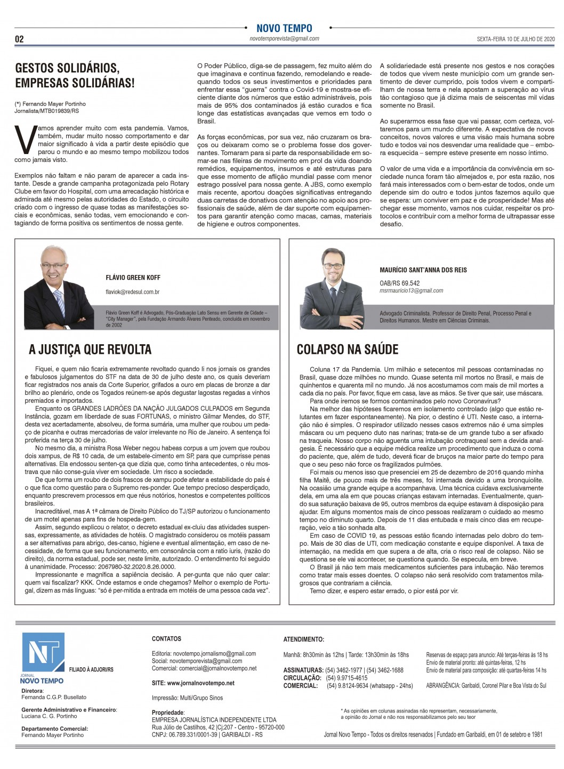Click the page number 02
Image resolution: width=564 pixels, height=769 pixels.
pyautogui.click(x=19, y=39)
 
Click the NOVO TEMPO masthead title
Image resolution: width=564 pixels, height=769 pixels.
pyautogui.click(x=284, y=28)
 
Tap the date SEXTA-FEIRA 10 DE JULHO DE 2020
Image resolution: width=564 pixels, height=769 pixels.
pyautogui.click(x=515, y=39)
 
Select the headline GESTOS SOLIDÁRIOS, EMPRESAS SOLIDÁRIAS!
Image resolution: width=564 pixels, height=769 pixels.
pyautogui.click(x=75, y=75)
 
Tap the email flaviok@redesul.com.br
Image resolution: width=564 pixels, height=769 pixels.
pyautogui.click(x=132, y=292)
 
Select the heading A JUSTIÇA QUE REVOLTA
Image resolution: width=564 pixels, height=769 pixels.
pyautogui.click(x=90, y=350)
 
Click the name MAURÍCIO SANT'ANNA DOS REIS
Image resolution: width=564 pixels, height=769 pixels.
pyautogui.click(x=423, y=270)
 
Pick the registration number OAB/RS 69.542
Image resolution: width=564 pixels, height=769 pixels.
pyautogui.click(x=399, y=283)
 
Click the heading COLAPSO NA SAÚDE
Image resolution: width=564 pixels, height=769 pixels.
pyautogui.click(x=347, y=350)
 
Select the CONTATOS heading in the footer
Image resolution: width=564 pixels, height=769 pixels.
pyautogui.click(x=166, y=638)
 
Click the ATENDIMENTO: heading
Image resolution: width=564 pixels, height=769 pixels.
pyautogui.click(x=303, y=639)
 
